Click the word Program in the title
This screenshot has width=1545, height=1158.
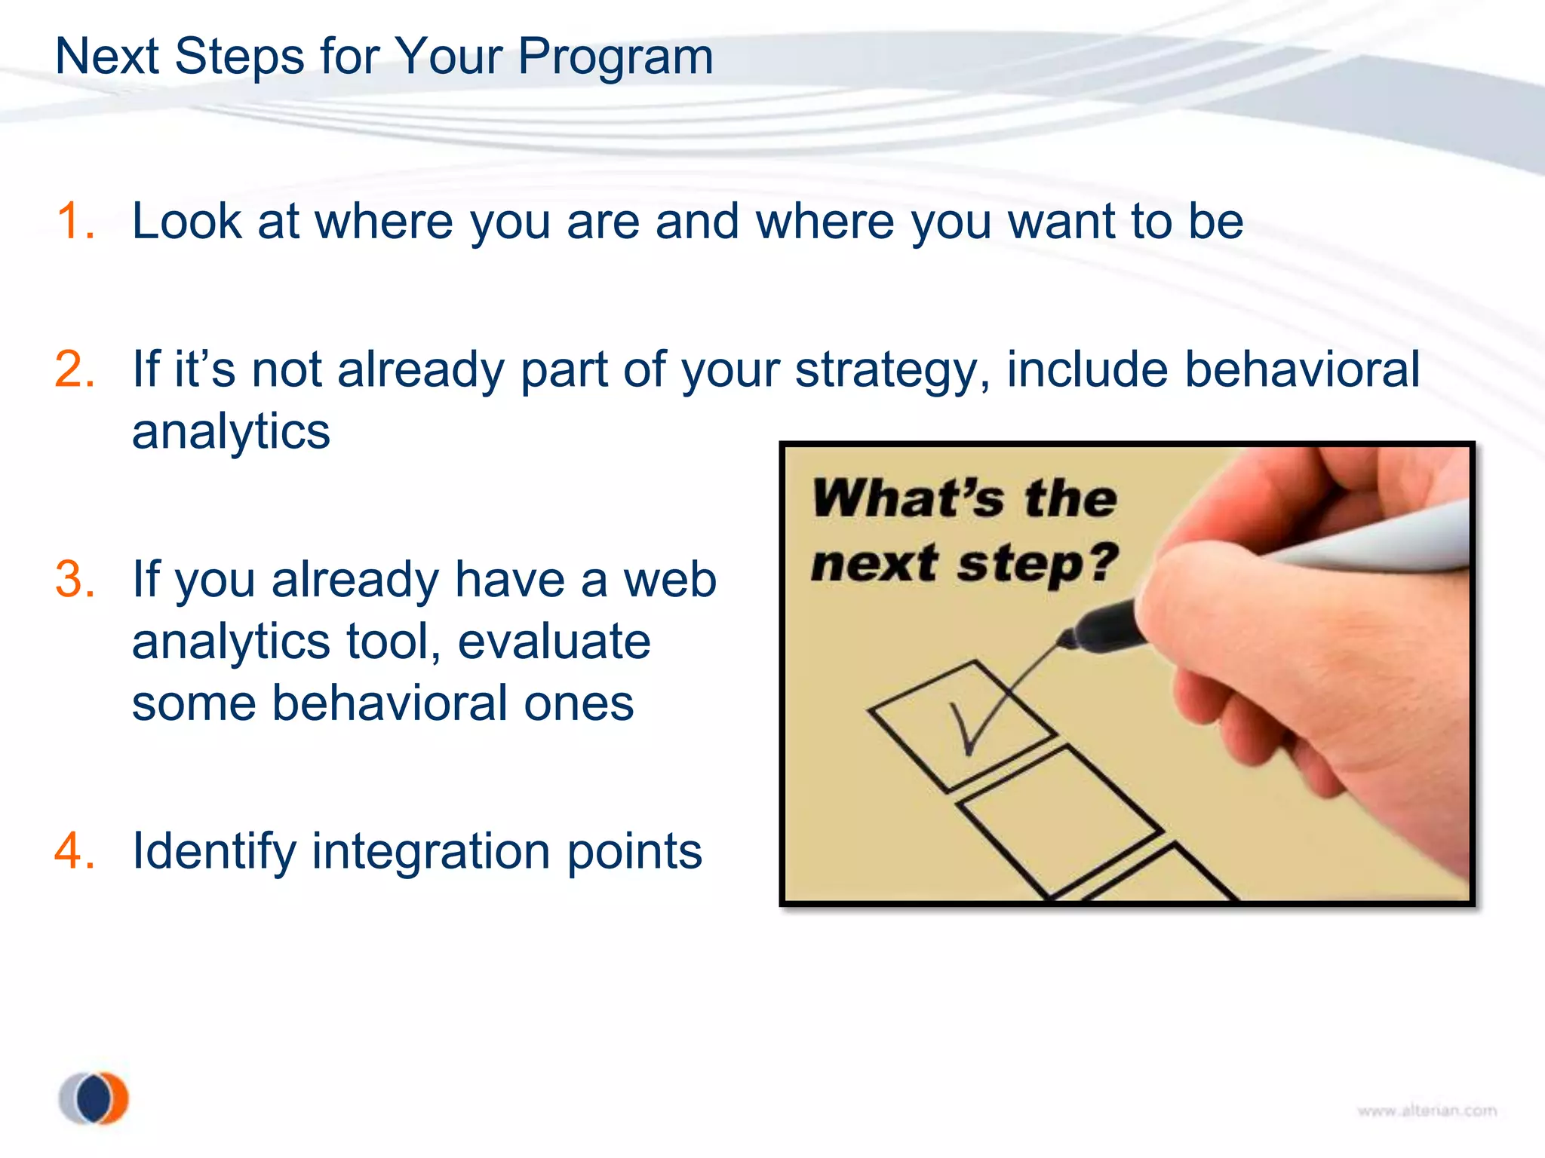[615, 57]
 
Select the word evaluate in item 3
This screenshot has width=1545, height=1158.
[554, 642]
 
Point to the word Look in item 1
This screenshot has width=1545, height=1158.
[187, 222]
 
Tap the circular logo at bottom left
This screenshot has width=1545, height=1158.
[94, 1098]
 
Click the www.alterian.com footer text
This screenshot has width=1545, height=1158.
[1427, 1111]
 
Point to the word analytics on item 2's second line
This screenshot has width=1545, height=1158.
[231, 432]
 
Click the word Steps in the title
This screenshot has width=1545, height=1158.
[239, 57]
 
